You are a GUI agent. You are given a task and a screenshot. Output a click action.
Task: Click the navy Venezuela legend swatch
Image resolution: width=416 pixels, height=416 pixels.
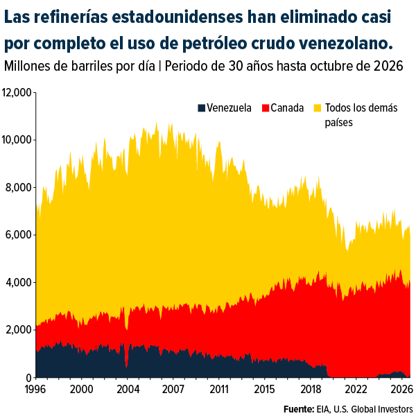201,108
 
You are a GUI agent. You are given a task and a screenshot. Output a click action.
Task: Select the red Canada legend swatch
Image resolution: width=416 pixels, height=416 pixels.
266,108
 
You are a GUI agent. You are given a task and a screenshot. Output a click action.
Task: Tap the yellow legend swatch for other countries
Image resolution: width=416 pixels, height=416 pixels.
318,108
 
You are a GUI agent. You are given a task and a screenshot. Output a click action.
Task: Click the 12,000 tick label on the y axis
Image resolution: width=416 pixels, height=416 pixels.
17,93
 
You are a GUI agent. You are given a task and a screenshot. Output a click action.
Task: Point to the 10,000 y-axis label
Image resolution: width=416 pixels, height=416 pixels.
17,140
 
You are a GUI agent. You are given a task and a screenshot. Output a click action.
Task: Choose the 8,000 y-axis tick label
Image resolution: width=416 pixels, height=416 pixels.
19,188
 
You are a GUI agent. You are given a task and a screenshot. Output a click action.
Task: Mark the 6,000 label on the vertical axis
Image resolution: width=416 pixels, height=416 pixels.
19,235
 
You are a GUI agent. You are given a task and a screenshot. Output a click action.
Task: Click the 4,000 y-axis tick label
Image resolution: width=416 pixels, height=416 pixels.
19,283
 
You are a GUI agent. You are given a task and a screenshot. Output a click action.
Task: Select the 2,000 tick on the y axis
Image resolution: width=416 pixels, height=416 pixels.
19,330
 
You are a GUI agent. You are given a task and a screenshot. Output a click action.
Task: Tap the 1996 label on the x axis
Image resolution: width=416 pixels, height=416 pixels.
35,390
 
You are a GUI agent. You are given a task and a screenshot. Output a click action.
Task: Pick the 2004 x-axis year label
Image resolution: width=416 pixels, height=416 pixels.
128,390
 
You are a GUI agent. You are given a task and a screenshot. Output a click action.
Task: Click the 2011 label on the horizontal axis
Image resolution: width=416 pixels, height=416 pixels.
219,390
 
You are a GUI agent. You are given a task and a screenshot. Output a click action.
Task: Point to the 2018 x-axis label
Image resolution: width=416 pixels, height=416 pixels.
311,390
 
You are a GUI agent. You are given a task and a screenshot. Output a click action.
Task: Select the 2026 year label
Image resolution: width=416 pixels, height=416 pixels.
401,390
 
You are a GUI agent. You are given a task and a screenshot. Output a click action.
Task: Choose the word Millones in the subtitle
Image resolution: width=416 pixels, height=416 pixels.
27,66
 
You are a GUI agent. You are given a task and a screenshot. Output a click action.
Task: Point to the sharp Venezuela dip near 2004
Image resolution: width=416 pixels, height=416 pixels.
127,366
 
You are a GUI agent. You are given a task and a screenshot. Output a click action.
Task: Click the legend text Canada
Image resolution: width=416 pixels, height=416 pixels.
287,108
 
